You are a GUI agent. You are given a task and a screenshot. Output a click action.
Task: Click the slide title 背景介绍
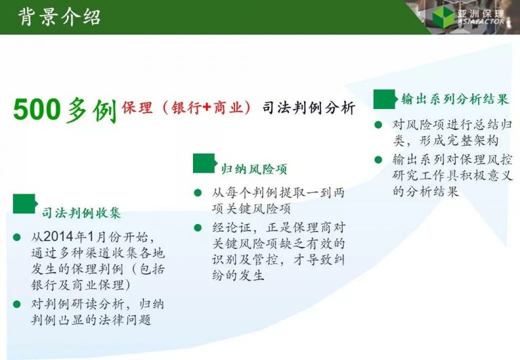60,17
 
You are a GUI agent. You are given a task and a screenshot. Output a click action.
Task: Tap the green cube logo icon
443,17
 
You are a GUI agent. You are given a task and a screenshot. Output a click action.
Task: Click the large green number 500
37,110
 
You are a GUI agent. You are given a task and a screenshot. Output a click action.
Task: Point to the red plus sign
207,107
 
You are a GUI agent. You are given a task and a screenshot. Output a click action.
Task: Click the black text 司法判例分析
309,108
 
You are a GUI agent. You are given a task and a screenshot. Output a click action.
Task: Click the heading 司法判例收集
81,212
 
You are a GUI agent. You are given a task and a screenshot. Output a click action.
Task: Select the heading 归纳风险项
254,169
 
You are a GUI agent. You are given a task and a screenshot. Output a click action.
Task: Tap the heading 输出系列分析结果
455,99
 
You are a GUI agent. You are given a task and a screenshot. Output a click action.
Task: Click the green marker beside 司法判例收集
24,204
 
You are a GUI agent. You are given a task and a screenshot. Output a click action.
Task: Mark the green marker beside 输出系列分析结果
385,99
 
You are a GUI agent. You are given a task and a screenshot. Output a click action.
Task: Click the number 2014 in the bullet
58,237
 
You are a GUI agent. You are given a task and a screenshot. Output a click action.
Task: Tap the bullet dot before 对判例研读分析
16,304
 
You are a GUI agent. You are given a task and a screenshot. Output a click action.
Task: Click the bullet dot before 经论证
198,228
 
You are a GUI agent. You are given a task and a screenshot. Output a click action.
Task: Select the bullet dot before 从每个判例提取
198,192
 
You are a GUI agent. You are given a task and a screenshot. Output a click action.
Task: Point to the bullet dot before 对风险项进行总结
378,125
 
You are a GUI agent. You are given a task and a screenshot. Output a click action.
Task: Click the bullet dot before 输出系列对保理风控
378,160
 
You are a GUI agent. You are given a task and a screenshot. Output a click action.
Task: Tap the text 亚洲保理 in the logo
481,14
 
